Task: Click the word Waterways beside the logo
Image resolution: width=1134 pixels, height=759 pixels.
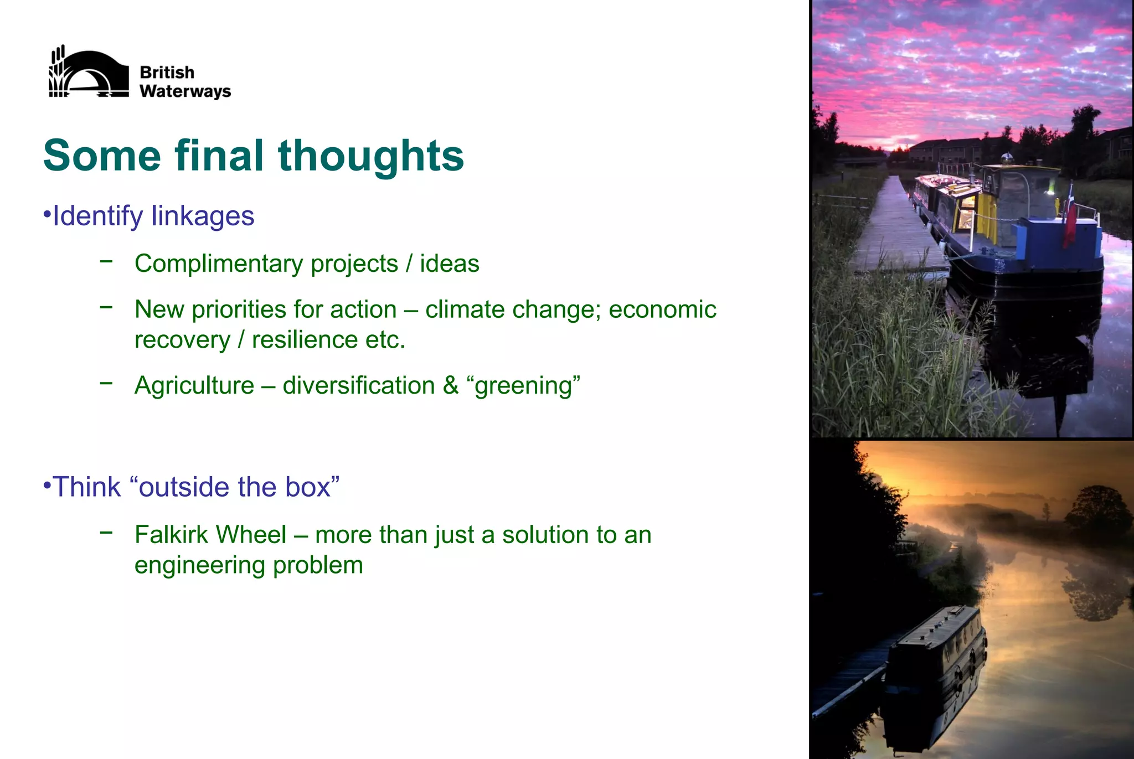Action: click(185, 91)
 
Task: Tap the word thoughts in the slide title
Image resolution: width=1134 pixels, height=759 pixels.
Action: click(370, 156)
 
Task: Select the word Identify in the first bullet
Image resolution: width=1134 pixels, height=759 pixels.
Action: click(97, 216)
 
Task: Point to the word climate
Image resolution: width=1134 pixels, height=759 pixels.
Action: click(465, 310)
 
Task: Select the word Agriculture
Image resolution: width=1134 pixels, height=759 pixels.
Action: click(194, 386)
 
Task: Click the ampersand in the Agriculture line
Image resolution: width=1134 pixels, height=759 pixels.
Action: click(451, 386)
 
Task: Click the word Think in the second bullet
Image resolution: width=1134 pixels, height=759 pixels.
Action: click(86, 487)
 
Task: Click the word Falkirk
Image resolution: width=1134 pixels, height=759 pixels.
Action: click(172, 535)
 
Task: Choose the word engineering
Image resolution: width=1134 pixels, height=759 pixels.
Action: click(200, 565)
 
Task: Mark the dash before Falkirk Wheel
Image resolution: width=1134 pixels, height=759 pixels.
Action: click(106, 533)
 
